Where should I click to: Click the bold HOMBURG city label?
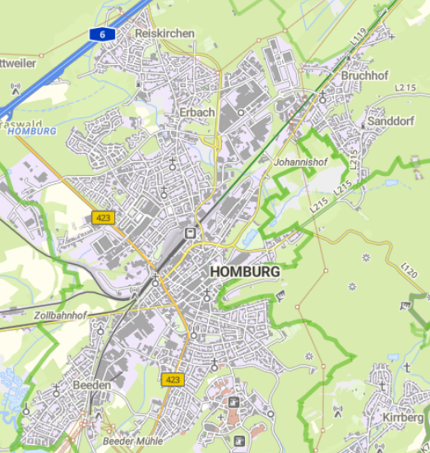pos(245,271)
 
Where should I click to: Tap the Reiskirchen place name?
pos(164,33)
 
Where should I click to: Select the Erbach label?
pos(197,112)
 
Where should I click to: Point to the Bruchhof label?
pos(363,75)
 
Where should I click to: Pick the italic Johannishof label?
pos(300,162)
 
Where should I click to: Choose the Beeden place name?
pos(91,384)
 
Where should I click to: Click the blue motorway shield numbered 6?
pos(102,34)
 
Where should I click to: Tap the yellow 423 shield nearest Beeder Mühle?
pos(172,380)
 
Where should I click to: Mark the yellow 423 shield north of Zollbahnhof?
pos(103,218)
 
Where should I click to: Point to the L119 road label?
pos(356,37)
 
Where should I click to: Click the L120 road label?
pos(410,269)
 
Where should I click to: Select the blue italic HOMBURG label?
pos(30,131)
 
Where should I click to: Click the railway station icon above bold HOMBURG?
pos(191,232)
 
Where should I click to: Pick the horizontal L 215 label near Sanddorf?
pos(405,86)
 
